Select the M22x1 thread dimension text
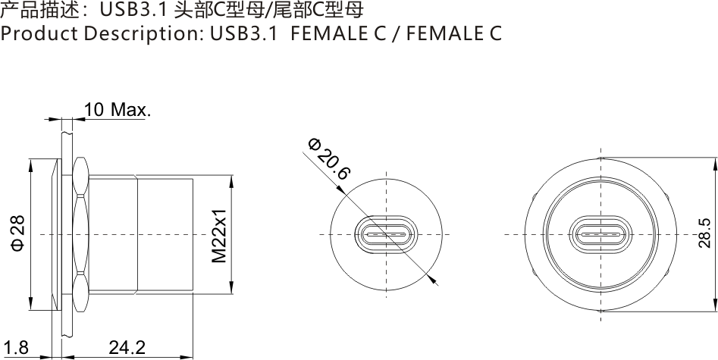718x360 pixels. click(219, 235)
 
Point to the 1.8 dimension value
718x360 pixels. click(15, 348)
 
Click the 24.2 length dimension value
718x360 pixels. click(127, 348)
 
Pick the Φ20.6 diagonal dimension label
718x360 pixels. click(329, 158)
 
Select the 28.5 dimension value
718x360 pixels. click(704, 233)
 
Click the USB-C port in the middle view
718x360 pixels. click(386, 234)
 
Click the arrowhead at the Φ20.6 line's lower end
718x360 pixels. click(434, 280)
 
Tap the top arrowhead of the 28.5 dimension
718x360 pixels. click(715, 162)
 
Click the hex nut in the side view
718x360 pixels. click(80, 234)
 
